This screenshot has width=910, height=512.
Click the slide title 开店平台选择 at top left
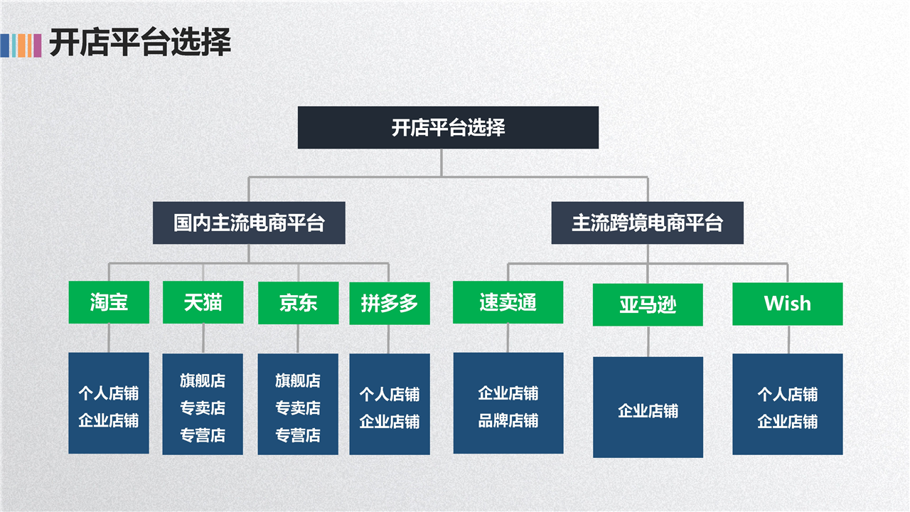pos(140,43)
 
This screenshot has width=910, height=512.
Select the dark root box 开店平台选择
pos(448,128)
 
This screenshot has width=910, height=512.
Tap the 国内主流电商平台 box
pos(249,223)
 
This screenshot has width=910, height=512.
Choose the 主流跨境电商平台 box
pos(647,223)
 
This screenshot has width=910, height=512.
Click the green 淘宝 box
pos(109,303)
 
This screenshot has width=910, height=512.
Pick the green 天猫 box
pos(203,303)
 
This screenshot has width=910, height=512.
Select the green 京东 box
pos(298,303)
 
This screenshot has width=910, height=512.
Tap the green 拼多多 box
pos(390,304)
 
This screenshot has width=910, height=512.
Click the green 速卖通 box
pos(508,303)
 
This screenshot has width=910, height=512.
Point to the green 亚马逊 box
pos(648,305)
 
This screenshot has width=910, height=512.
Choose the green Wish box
pos(787,304)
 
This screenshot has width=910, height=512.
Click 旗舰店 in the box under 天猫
pos(203,381)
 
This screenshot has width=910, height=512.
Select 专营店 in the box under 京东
pos(298,435)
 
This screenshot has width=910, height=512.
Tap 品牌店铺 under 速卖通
pos(508,421)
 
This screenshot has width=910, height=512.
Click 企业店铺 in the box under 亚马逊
pos(648,411)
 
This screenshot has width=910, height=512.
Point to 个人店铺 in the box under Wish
pos(787,395)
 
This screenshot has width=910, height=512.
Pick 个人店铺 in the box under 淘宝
pos(109,393)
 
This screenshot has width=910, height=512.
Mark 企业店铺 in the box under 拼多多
pos(390,422)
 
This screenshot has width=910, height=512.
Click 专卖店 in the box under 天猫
pos(203,408)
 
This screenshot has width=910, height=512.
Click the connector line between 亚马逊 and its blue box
pos(648,341)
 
